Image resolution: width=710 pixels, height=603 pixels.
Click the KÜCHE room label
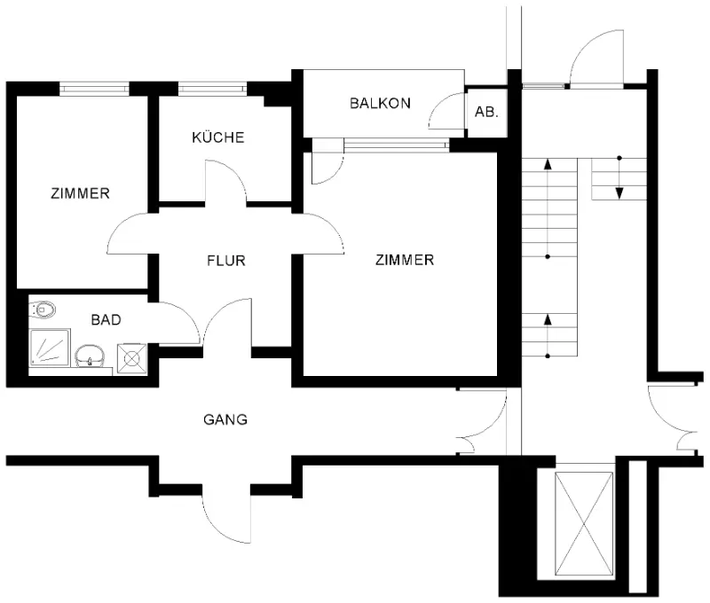coord(217,137)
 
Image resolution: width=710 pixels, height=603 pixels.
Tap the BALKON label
coord(381,103)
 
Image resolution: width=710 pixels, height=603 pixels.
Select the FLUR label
coord(226,261)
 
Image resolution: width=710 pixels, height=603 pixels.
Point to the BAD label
coord(106,320)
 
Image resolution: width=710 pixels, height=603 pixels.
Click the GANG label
coord(225,419)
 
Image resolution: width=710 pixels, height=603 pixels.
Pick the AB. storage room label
coord(486,112)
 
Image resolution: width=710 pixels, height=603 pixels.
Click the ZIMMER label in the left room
coord(80,193)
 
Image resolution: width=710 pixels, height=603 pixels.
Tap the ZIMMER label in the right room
coord(405,260)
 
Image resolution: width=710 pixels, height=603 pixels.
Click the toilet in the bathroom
coord(43,309)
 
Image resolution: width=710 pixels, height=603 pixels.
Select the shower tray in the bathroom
coord(50,348)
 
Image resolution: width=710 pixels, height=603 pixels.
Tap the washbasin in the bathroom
coord(90,356)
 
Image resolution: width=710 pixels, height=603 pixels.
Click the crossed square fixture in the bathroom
coord(131,359)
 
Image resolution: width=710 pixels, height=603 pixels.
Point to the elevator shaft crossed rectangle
coord(584,524)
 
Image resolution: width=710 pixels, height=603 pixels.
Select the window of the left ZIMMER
coord(94,89)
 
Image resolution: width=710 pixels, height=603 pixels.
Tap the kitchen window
coord(212,89)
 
